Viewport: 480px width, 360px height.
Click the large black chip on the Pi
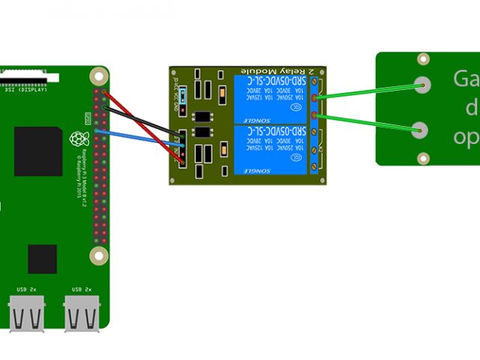[x=37, y=151]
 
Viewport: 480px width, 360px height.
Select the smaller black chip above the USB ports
[x=42, y=259]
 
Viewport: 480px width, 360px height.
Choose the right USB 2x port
[x=82, y=313]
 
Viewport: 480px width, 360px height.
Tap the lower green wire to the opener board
[x=367, y=123]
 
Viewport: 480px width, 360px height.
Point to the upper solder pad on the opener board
[x=421, y=85]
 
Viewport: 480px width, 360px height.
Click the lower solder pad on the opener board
[x=421, y=130]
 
